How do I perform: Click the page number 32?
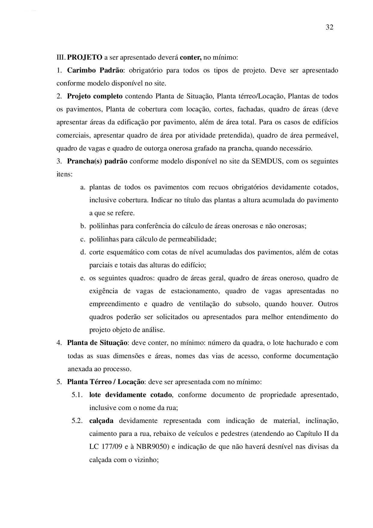pyautogui.click(x=329, y=27)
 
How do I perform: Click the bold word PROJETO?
pyautogui.click(x=85, y=57)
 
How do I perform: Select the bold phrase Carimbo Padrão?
pyautogui.click(x=95, y=70)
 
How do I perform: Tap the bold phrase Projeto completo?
pyautogui.click(x=95, y=96)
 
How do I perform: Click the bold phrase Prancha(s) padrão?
pyautogui.click(x=97, y=161)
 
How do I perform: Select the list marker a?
pyautogui.click(x=83, y=187)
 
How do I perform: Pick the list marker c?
pyautogui.click(x=83, y=239)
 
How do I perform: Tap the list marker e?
pyautogui.click(x=83, y=278)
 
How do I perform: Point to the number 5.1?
pyautogui.click(x=77, y=395)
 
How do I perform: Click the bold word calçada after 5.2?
pyautogui.click(x=101, y=421)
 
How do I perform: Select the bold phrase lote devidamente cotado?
pyautogui.click(x=131, y=395)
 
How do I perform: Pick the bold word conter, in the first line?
pyautogui.click(x=191, y=57)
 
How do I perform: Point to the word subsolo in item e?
pyautogui.click(x=248, y=304)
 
